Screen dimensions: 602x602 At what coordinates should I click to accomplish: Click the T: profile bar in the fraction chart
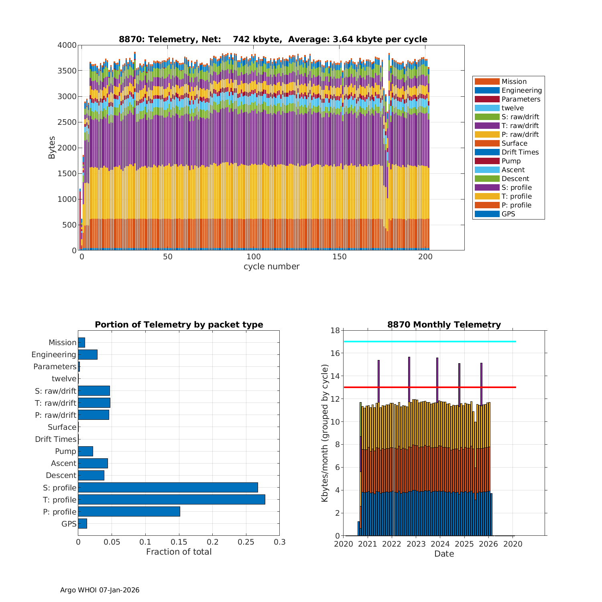click(x=171, y=500)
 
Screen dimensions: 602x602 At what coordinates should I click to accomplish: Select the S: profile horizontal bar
click(x=168, y=488)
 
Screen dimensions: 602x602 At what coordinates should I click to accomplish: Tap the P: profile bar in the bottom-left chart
click(x=129, y=512)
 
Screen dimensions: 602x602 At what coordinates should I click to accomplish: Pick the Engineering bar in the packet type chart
click(x=87, y=354)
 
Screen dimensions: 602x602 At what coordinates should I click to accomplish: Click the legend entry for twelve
click(x=513, y=108)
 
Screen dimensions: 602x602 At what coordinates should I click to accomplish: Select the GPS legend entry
click(x=508, y=214)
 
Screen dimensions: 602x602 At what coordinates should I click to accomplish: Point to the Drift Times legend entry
click(x=520, y=152)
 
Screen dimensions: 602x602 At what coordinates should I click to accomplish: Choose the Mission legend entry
click(x=514, y=81)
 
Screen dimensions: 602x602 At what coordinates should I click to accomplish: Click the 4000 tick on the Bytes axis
click(x=67, y=45)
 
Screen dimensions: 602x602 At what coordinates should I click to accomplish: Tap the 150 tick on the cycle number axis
click(x=340, y=257)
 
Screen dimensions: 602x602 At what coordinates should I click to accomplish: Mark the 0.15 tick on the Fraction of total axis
click(x=179, y=542)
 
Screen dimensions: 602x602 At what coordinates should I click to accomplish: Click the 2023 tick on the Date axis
click(x=416, y=544)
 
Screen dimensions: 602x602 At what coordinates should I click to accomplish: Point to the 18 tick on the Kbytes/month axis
click(x=335, y=330)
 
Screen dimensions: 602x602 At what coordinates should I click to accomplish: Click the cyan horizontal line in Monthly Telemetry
click(x=429, y=342)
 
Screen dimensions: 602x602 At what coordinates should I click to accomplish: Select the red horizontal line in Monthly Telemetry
click(x=429, y=387)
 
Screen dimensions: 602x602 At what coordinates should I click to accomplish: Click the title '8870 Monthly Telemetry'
click(x=444, y=325)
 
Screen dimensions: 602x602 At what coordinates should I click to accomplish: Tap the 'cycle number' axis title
click(x=271, y=266)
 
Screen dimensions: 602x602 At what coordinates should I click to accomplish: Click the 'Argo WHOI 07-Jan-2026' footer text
click(x=100, y=590)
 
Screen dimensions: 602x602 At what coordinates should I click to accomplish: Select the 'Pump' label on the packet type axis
click(x=65, y=451)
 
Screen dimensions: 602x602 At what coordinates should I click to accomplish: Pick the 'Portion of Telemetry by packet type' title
click(x=179, y=325)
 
